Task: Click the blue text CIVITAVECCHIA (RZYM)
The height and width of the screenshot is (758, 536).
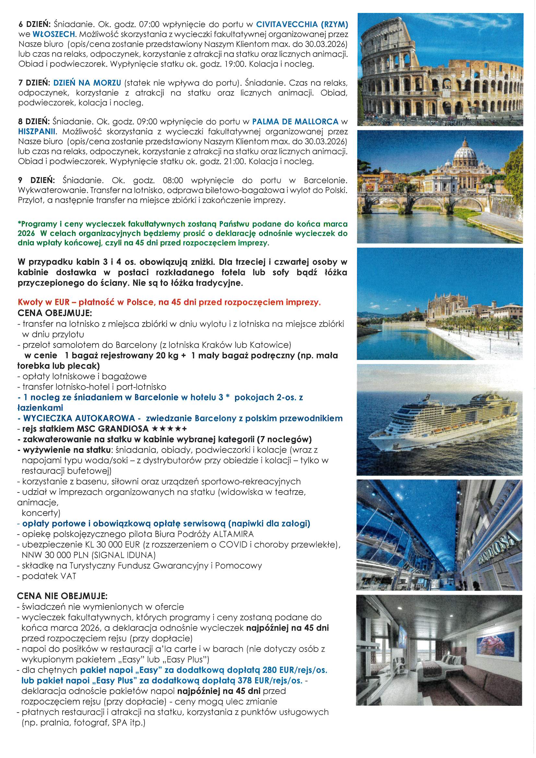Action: click(302, 24)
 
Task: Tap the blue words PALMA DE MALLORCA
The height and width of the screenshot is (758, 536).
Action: click(295, 122)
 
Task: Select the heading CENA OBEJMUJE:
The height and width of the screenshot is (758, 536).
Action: click(55, 313)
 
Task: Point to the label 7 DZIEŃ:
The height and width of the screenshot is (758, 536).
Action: click(34, 83)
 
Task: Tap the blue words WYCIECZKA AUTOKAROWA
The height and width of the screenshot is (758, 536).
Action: click(79, 418)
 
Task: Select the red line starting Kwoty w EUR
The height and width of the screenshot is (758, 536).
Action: click(169, 302)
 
